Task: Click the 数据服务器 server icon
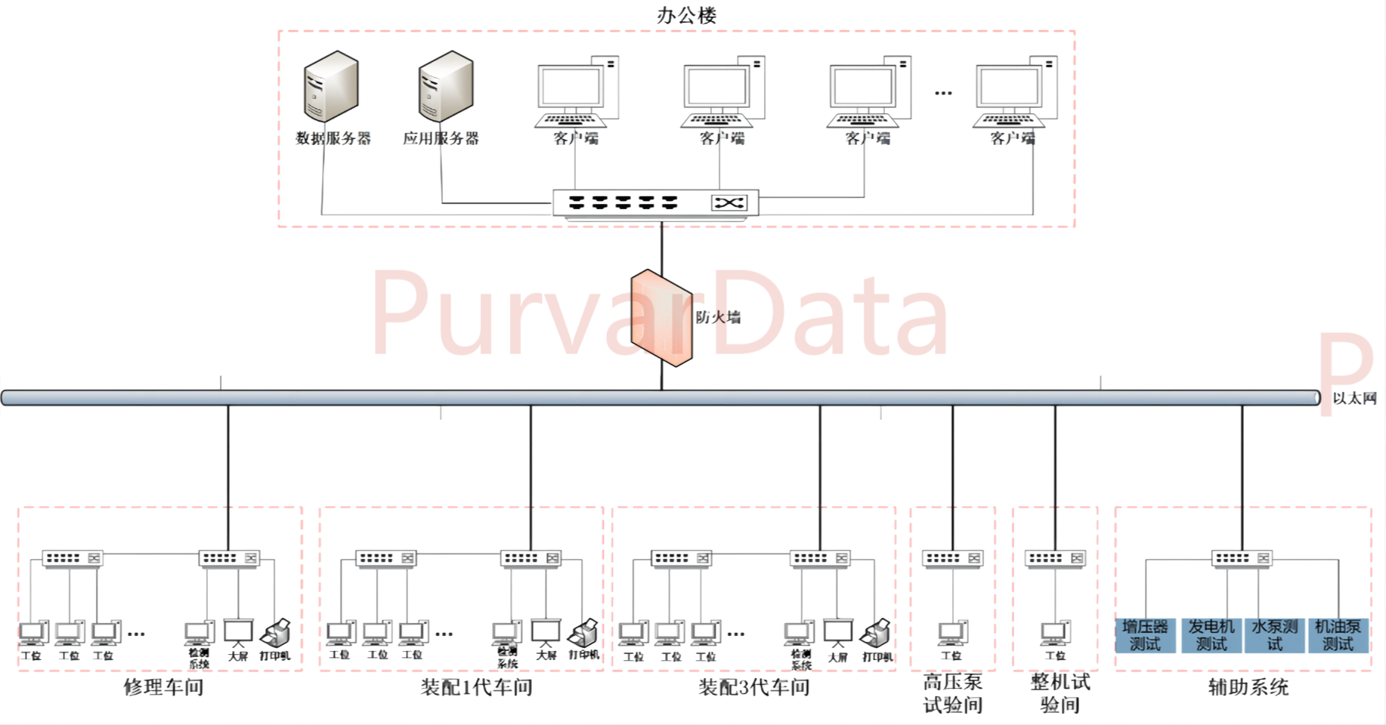(331, 86)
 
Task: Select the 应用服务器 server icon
(446, 86)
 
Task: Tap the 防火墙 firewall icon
(662, 317)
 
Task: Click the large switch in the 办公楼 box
(655, 203)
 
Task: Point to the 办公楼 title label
(686, 15)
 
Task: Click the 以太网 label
(1354, 398)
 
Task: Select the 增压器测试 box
(1145, 635)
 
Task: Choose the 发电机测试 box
(1211, 635)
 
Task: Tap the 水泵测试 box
(1275, 635)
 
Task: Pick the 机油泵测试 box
(1338, 635)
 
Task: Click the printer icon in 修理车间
(276, 633)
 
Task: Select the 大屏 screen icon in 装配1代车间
(546, 632)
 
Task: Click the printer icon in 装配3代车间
(876, 633)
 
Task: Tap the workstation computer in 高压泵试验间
(952, 633)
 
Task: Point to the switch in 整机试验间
(1056, 558)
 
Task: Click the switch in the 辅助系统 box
(1242, 558)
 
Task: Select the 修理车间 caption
(163, 687)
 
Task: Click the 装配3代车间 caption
(753, 687)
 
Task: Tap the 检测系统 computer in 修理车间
(199, 633)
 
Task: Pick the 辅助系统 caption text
(1248, 687)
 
